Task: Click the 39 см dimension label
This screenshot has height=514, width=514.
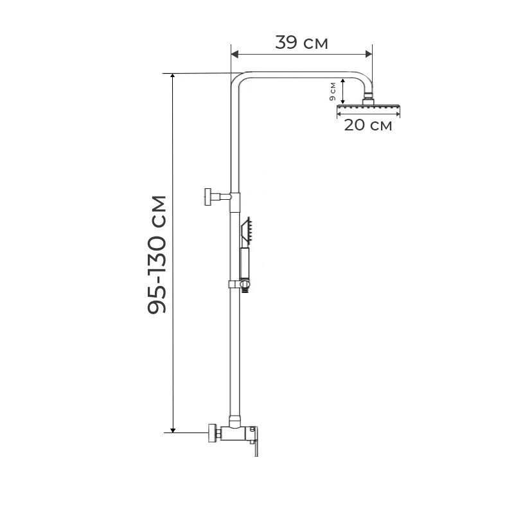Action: [x=301, y=42]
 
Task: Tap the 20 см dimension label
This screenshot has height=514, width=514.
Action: [x=368, y=125]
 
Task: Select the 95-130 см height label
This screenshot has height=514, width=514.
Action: [x=157, y=254]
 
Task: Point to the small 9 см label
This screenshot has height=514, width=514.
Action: [x=333, y=91]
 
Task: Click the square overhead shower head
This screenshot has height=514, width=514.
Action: [x=368, y=107]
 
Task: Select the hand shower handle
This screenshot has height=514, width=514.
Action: [x=245, y=263]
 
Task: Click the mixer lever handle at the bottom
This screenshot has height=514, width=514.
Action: [x=255, y=441]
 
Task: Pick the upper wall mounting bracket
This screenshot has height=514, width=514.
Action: [x=218, y=197]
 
